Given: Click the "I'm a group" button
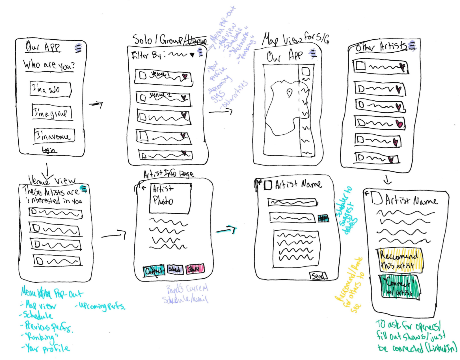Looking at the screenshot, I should [x=52, y=112].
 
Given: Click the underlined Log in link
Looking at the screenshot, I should [x=49, y=150].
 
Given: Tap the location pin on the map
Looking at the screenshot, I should [x=289, y=93].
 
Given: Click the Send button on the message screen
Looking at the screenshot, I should [x=318, y=276].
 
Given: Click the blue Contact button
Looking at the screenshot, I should [x=154, y=271].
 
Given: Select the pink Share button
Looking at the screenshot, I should [x=195, y=269].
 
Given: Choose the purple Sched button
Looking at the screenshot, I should [x=175, y=269].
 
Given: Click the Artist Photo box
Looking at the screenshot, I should [x=170, y=198].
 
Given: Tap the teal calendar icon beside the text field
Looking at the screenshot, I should [x=323, y=218].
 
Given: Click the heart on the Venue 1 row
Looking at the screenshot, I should [x=185, y=76].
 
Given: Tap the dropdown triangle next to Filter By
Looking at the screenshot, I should [x=192, y=55].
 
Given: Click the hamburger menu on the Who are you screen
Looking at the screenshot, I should [x=78, y=48].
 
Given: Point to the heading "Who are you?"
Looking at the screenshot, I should [x=49, y=65].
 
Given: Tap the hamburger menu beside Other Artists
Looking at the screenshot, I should [x=412, y=46].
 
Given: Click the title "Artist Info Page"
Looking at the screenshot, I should [x=169, y=174].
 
